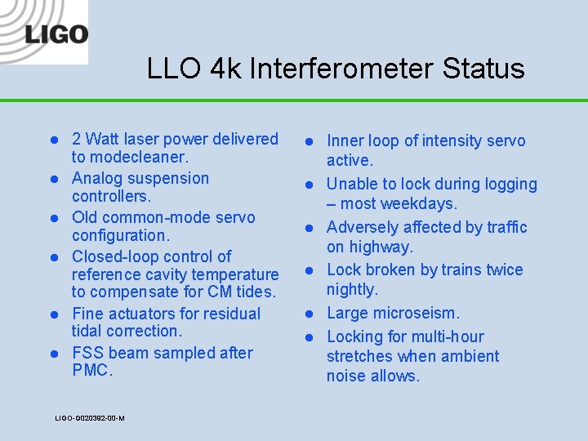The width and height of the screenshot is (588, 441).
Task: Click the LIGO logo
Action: point(56,34)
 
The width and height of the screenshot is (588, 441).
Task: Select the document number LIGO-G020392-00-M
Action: point(90,418)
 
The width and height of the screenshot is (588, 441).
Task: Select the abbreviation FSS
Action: point(87,353)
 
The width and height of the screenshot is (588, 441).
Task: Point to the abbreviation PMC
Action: point(90,371)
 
